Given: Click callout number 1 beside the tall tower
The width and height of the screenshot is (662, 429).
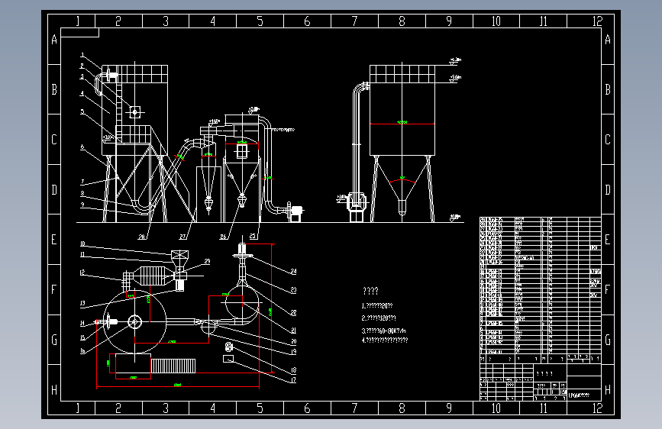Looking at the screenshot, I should [x=82, y=56].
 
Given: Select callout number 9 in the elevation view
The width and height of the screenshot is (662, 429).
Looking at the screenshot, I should [x=82, y=207].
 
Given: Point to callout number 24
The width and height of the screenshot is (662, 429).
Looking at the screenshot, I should [x=292, y=271].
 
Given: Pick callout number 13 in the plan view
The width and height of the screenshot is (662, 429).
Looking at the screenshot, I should [x=82, y=303].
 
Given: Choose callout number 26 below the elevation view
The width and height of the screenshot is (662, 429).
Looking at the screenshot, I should [x=224, y=236].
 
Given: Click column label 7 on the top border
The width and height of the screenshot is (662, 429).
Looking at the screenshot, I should [x=354, y=21].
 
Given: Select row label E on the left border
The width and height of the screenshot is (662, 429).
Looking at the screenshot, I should [x=54, y=240].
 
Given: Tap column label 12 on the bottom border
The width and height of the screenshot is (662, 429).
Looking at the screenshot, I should [x=597, y=408].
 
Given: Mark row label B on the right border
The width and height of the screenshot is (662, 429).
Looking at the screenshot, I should [x=607, y=89].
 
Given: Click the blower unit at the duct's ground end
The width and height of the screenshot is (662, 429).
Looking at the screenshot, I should [x=295, y=210].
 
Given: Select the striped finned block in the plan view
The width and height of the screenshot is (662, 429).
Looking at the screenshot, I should [x=174, y=366].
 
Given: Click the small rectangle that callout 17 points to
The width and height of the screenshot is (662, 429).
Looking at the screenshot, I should [x=228, y=357].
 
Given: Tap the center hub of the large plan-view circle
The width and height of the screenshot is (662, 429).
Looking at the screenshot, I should [x=135, y=321].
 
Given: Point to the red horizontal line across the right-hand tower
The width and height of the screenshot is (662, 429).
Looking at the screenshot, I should [x=402, y=124].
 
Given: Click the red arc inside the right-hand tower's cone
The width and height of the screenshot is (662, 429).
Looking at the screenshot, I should [x=402, y=180].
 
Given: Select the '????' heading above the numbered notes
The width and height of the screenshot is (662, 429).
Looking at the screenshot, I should [x=370, y=291].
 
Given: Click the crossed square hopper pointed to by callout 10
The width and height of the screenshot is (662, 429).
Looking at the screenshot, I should [x=179, y=256].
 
